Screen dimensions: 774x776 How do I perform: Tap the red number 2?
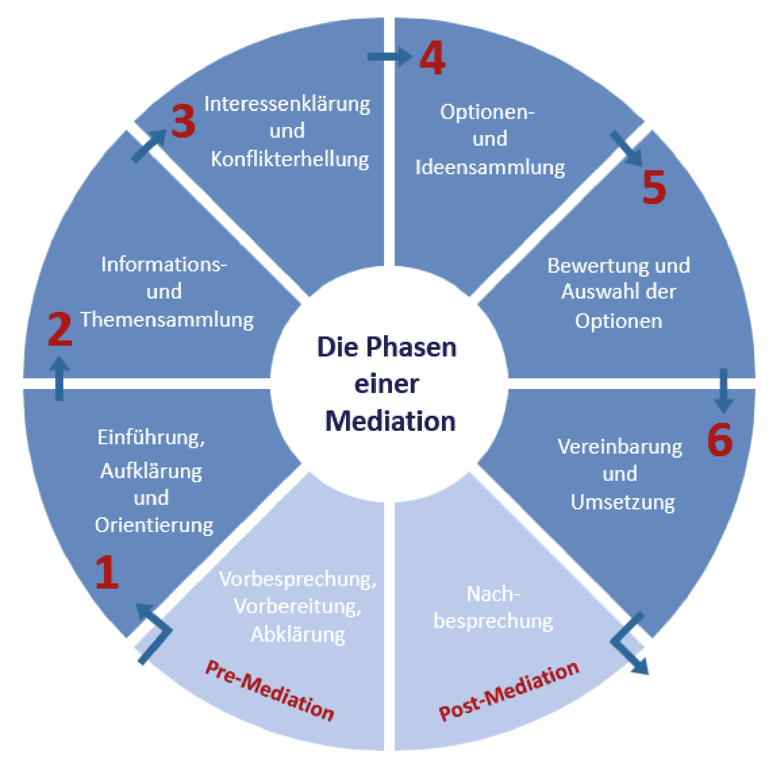[60, 329]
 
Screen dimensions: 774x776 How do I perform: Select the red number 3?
[183, 121]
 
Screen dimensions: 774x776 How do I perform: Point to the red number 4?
[432, 57]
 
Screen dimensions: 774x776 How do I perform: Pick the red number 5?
[654, 187]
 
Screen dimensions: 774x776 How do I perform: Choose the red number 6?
[720, 440]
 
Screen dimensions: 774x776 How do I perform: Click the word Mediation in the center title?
[390, 421]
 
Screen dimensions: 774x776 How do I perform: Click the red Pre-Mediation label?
[270, 690]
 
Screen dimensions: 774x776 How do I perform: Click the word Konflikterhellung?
[290, 159]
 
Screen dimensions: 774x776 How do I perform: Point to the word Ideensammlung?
[490, 168]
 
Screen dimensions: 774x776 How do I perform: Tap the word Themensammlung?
[167, 320]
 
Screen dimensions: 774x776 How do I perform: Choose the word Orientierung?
[154, 525]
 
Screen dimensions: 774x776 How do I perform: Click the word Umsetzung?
[623, 502]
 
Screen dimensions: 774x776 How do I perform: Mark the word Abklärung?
[298, 634]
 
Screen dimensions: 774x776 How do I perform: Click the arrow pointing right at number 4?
[389, 56]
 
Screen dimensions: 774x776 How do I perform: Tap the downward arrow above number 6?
[723, 390]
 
